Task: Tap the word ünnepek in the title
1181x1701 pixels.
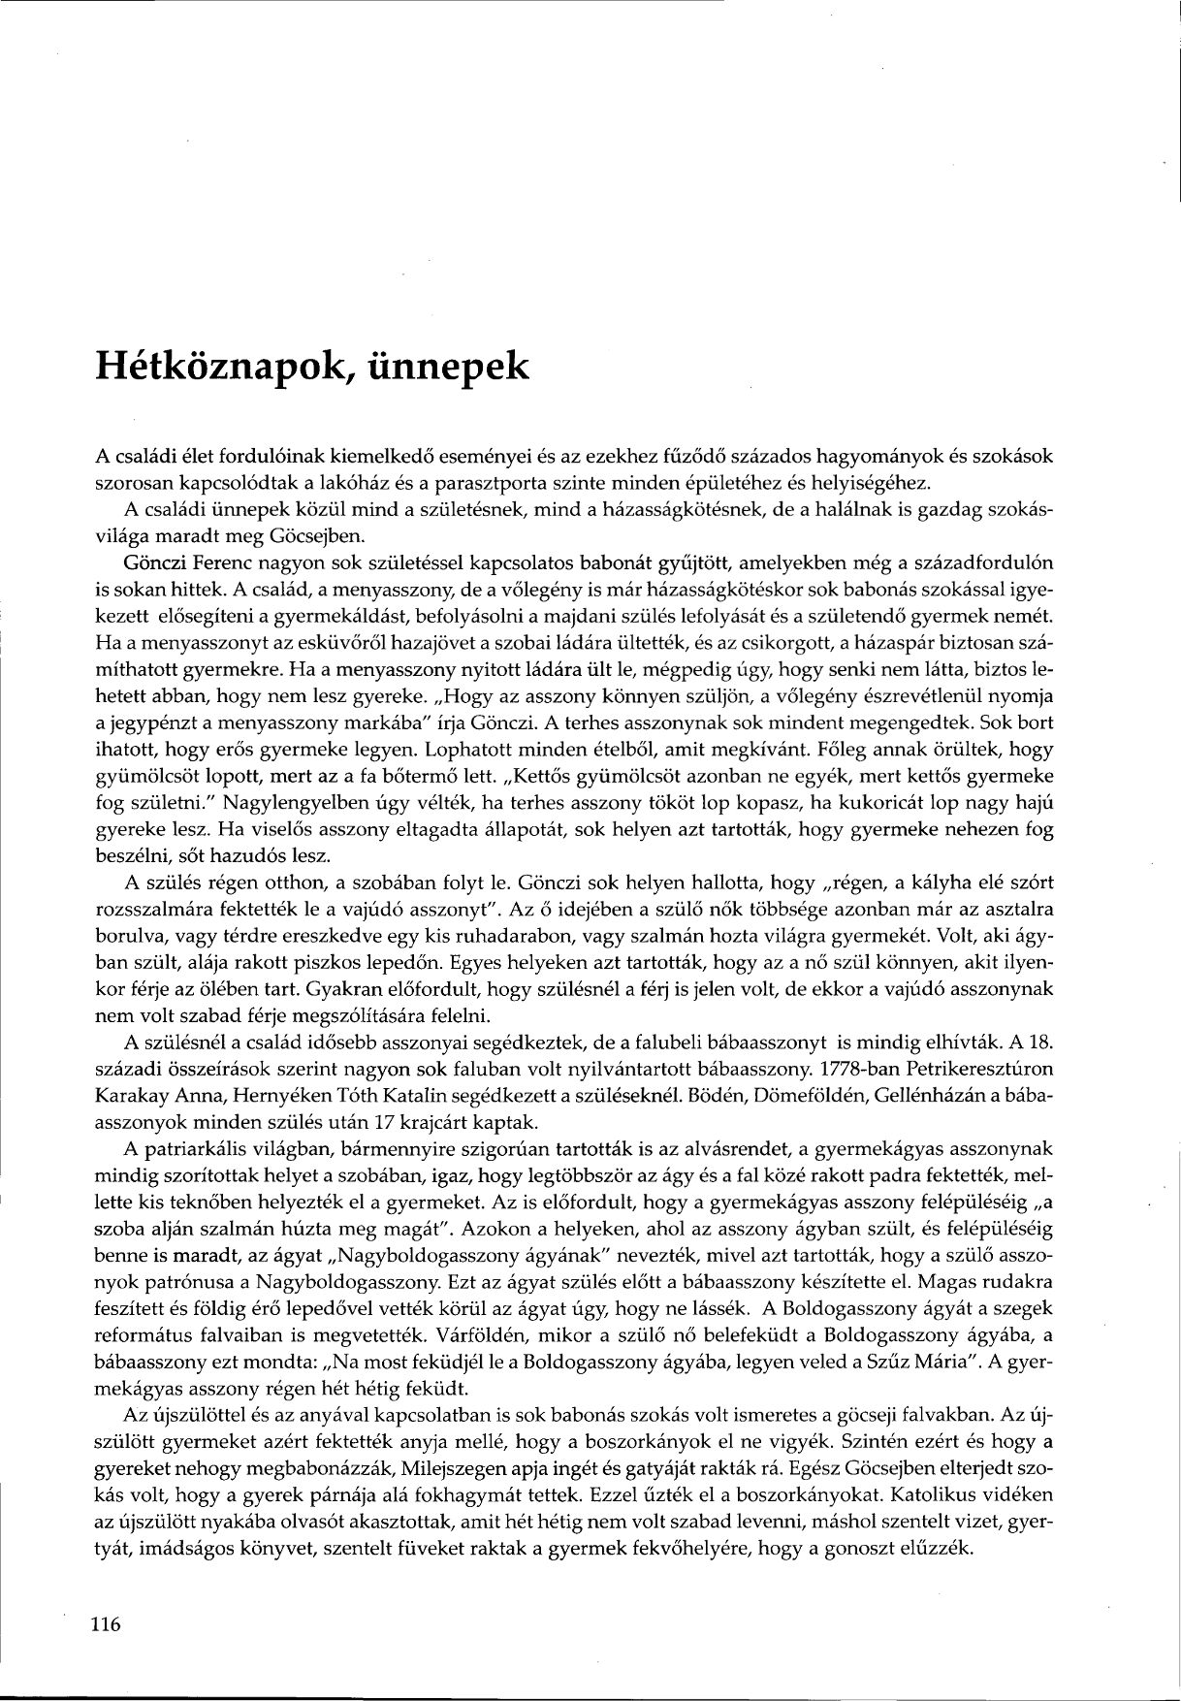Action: coord(450,368)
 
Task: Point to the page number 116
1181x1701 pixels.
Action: coord(106,1624)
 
